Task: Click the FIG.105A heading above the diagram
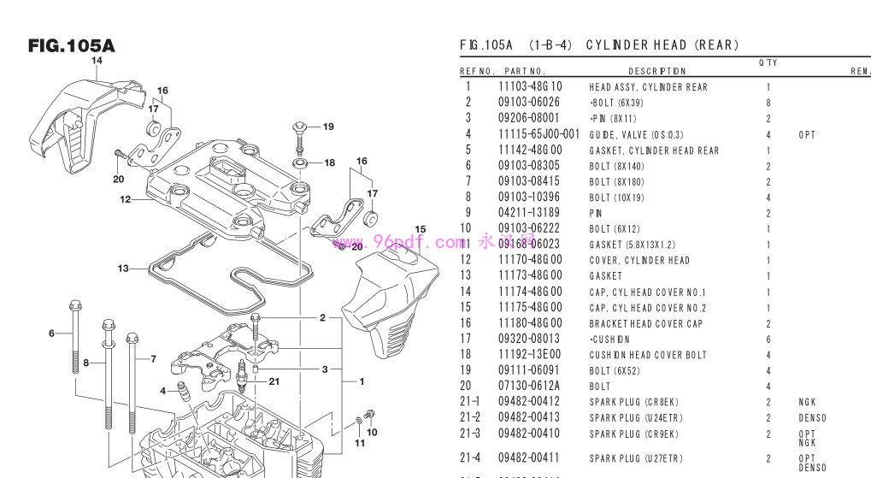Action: [x=71, y=45]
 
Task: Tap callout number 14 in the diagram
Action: [x=97, y=61]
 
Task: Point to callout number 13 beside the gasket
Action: [x=124, y=269]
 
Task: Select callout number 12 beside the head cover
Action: [x=125, y=199]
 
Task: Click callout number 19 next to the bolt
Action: [x=329, y=127]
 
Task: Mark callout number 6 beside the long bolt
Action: [x=51, y=333]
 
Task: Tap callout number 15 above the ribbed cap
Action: [x=420, y=229]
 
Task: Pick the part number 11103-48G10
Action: [x=530, y=86]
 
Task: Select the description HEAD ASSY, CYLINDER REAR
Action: [x=648, y=87]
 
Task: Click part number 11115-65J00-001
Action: [x=538, y=134]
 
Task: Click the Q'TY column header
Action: [x=768, y=62]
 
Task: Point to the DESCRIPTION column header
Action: [x=656, y=71]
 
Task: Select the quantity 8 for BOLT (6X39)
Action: [x=768, y=103]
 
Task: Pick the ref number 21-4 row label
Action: [x=470, y=458]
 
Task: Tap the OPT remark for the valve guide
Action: [x=806, y=134]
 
